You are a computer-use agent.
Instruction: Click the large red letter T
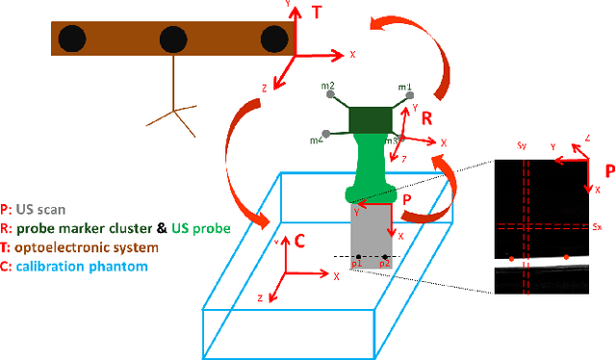coord(319,13)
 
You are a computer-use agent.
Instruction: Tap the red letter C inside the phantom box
coord(299,241)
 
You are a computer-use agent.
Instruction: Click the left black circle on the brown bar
coord(71,39)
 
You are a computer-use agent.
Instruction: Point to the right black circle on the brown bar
coord(274,39)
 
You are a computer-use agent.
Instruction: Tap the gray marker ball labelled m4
coord(328,134)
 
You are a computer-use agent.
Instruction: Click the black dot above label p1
coord(358,256)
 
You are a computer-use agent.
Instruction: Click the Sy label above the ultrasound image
coord(521,146)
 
